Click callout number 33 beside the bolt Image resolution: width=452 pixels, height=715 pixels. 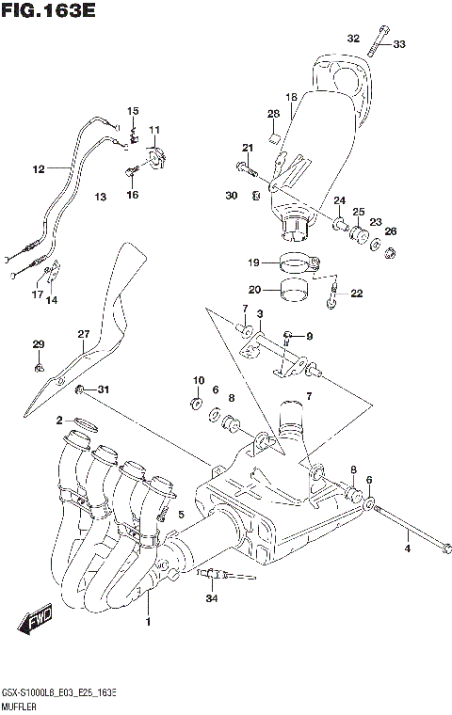pyautogui.click(x=399, y=43)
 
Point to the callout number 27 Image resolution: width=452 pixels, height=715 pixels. pyautogui.click(x=83, y=334)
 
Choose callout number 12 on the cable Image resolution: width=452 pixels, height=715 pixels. pyautogui.click(x=38, y=170)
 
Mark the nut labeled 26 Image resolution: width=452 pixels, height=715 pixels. pyautogui.click(x=391, y=251)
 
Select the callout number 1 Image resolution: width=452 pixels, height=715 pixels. pyautogui.click(x=147, y=622)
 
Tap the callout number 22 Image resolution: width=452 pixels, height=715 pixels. pyautogui.click(x=356, y=294)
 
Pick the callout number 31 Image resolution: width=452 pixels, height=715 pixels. pyautogui.click(x=104, y=389)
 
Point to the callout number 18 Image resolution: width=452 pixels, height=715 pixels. pyautogui.click(x=291, y=97)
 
